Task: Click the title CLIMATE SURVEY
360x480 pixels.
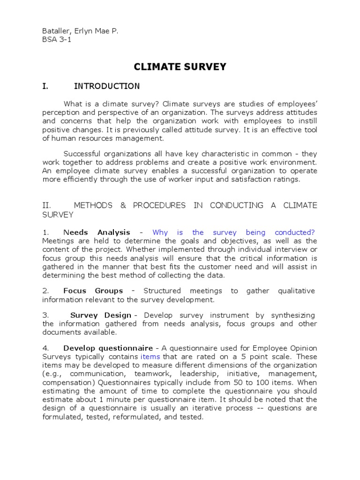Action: [x=180, y=67]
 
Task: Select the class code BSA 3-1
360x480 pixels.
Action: [x=57, y=40]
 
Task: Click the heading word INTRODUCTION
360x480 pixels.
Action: [x=107, y=86]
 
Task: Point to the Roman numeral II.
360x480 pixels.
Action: [x=46, y=206]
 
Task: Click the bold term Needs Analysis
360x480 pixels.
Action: [x=97, y=232]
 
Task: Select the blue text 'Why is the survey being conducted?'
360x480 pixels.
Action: [x=233, y=232]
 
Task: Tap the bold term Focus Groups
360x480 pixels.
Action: [x=93, y=291]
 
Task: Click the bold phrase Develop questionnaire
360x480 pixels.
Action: [x=108, y=348]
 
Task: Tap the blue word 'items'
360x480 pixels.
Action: [x=150, y=357]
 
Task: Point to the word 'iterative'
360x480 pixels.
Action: [x=198, y=408]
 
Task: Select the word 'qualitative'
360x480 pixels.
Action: [x=296, y=291]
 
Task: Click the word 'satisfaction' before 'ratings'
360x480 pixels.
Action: [x=248, y=179]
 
